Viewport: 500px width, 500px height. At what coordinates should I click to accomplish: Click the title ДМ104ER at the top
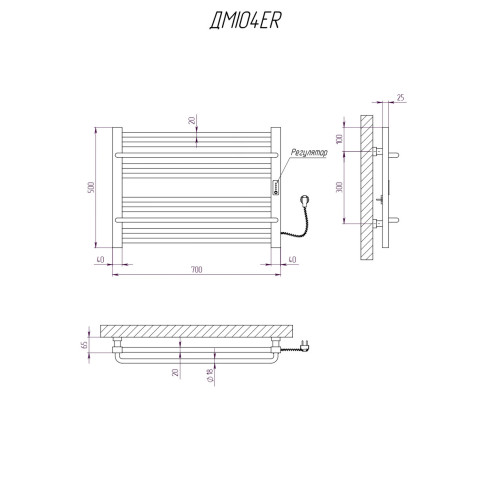tap(246, 21)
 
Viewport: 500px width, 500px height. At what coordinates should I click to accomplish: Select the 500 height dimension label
tap(91, 187)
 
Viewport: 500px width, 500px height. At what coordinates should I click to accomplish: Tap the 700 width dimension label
tap(197, 269)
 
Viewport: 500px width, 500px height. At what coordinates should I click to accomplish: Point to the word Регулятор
tap(309, 153)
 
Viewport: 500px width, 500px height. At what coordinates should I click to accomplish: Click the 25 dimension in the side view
tap(401, 97)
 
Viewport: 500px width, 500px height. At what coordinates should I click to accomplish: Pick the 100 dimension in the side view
tap(339, 139)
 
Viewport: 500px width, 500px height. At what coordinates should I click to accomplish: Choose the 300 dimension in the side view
tap(339, 187)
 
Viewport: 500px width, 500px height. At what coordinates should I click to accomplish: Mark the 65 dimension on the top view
tap(84, 345)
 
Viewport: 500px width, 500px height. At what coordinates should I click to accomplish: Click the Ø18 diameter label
tap(210, 375)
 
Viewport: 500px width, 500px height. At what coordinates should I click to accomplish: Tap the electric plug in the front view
tap(305, 201)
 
